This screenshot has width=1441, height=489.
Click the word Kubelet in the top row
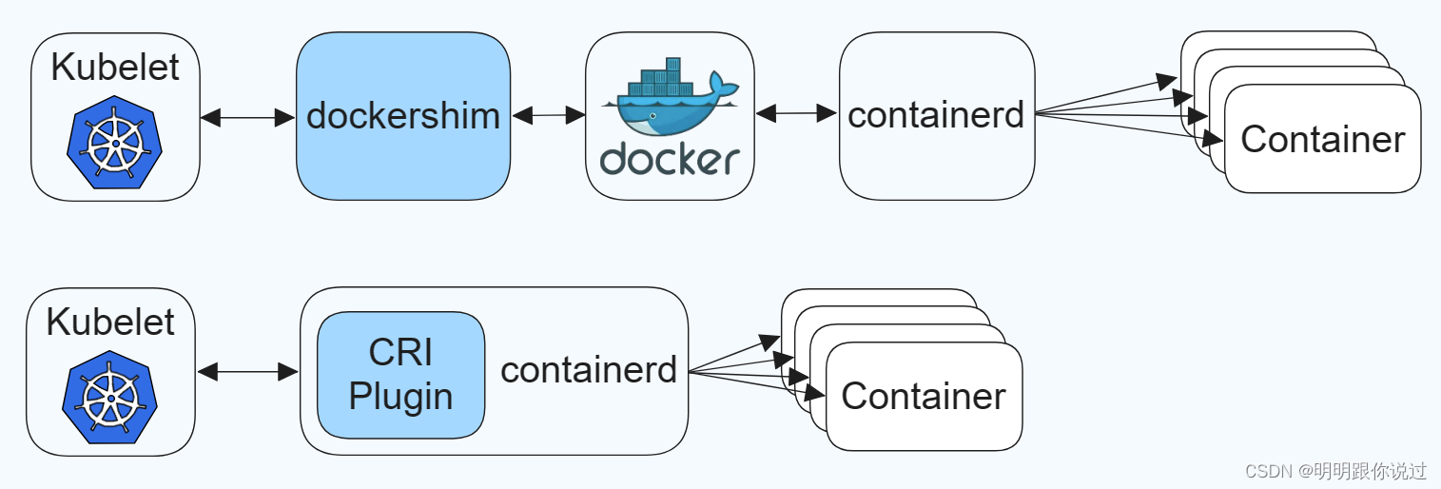(115, 67)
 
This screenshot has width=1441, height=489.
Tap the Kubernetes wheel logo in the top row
(114, 142)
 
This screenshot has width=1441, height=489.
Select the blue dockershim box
(403, 116)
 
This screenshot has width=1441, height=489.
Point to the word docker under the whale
(670, 159)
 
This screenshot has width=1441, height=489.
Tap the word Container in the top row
(1323, 139)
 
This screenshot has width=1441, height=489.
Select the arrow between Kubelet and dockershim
(247, 117)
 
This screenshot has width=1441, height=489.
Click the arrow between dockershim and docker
(548, 115)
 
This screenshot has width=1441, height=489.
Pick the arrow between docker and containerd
(796, 114)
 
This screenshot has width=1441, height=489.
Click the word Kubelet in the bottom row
(110, 322)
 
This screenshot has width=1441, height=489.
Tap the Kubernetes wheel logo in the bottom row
(110, 397)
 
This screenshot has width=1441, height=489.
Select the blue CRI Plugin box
(400, 375)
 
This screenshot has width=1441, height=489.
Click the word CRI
(400, 352)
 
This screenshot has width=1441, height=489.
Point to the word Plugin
(400, 397)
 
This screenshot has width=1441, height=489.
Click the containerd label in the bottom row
(589, 370)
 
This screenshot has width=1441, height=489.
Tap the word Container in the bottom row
(924, 396)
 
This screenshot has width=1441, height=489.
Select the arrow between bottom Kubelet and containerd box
(247, 371)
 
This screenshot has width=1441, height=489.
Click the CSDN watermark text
(1335, 471)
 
